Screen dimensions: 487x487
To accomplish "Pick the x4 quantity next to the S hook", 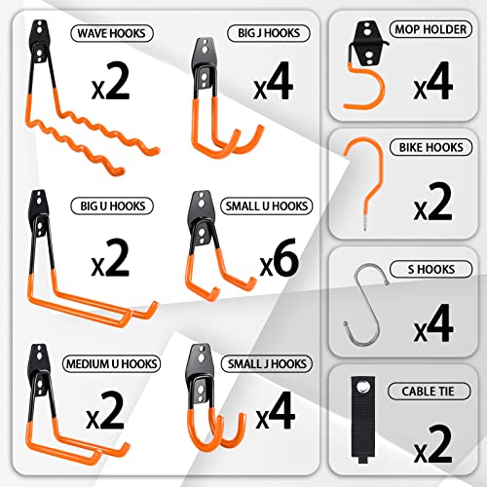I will click(432, 325).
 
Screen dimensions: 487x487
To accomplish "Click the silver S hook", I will click(367, 310).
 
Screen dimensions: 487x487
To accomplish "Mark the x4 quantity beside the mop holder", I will click(432, 85).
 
